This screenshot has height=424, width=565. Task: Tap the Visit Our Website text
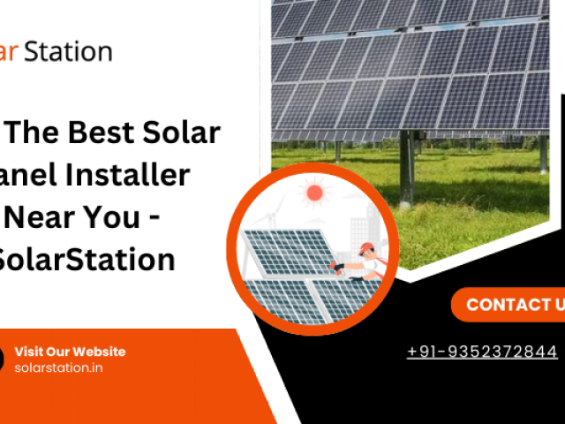click(x=70, y=352)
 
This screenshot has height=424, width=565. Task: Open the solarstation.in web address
click(x=58, y=367)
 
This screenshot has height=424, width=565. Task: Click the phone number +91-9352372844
click(x=482, y=352)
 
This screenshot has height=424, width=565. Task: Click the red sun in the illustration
click(x=313, y=192)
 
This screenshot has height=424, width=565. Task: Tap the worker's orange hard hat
click(x=366, y=248)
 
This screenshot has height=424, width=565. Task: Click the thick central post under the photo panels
click(x=405, y=168)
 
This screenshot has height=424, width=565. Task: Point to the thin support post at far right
click(x=543, y=154)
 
